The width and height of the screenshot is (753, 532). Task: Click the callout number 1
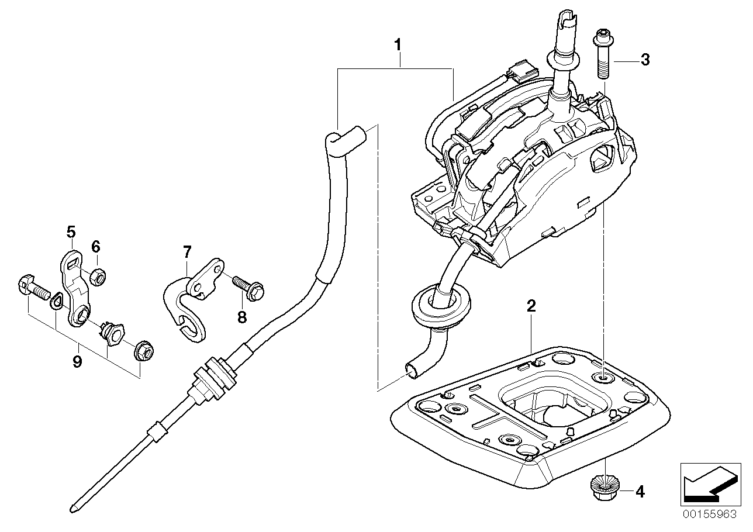pyautogui.click(x=398, y=44)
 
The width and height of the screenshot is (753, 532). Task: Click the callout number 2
pyautogui.click(x=531, y=305)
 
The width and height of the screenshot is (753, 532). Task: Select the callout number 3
pyautogui.click(x=644, y=60)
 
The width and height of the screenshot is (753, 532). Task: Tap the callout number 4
pyautogui.click(x=640, y=492)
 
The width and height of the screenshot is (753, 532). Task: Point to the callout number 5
pyautogui.click(x=71, y=232)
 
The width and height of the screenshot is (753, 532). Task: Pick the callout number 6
pyautogui.click(x=96, y=247)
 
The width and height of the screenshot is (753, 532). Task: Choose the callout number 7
pyautogui.click(x=186, y=252)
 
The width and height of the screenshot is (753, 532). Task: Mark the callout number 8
pyautogui.click(x=242, y=317)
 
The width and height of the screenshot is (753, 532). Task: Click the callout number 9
pyautogui.click(x=77, y=362)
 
